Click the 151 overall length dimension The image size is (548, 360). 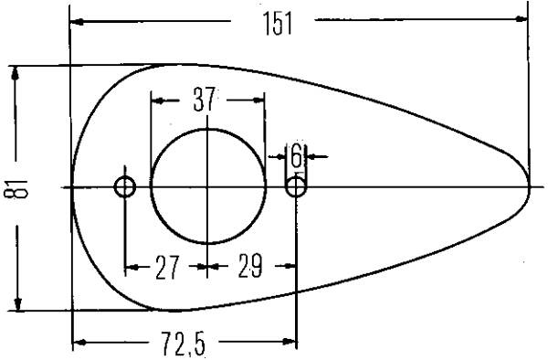coord(277,24)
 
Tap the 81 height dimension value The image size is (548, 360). coord(16,189)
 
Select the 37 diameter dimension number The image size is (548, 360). coord(204,100)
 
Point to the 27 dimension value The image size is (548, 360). coord(167,268)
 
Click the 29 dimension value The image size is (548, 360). coord(250,266)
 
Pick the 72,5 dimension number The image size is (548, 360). coord(183,344)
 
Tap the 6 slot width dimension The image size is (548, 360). coord(296,156)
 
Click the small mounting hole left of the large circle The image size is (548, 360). coord(125,187)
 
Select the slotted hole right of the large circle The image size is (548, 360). coord(296,186)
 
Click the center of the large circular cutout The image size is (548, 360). coord(208,186)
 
